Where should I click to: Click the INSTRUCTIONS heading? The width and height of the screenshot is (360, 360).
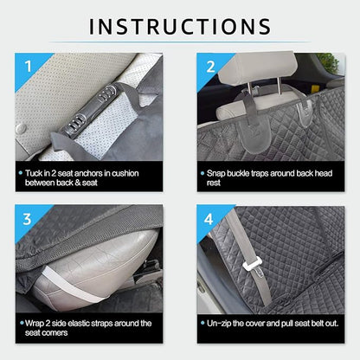click(180, 26)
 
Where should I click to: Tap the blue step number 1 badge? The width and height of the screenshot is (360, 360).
click(27, 66)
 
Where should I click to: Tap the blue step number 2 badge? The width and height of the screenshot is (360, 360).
click(209, 66)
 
